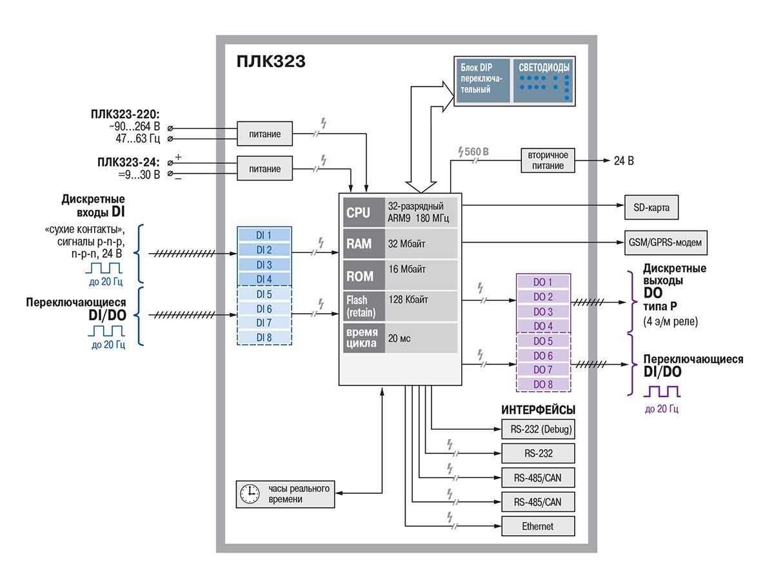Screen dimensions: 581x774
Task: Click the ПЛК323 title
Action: coord(270,62)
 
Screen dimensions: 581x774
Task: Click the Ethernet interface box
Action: coord(538,526)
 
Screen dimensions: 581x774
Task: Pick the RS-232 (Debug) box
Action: coord(538,429)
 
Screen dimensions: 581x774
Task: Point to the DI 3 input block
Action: coord(265,265)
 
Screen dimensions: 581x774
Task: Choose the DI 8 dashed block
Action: coord(265,337)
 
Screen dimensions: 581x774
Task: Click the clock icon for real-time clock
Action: coord(249,494)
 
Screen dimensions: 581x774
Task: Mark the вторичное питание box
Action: coord(548,160)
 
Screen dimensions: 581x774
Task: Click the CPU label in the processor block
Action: coord(359,213)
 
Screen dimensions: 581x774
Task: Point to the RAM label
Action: coord(359,244)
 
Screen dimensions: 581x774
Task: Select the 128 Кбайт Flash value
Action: coord(408,300)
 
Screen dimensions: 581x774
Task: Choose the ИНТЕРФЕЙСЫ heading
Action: coord(538,410)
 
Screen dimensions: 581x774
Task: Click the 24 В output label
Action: coord(622,160)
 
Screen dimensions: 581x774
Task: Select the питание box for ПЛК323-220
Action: coord(265,134)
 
